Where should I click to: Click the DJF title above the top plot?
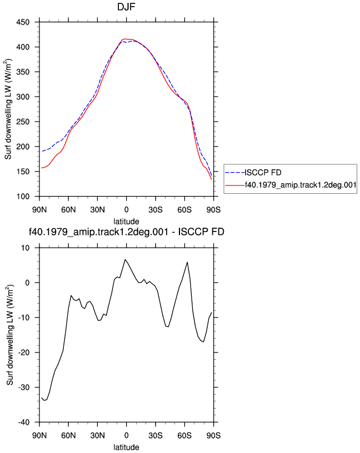(126, 7)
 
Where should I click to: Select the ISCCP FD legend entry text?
(263, 173)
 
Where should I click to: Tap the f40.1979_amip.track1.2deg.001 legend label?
(301, 185)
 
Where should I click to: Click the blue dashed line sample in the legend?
(235, 173)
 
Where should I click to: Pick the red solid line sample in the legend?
(235, 185)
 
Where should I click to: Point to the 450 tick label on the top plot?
(23, 22)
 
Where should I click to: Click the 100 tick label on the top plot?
(23, 197)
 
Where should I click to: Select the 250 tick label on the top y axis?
(23, 122)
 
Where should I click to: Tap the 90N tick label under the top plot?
(39, 210)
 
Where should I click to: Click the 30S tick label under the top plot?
(156, 210)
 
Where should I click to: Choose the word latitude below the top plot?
(126, 222)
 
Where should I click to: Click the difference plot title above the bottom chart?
(127, 231)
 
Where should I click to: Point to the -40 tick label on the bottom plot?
(24, 422)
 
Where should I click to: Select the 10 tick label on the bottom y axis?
(26, 248)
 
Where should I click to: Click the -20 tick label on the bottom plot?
(24, 353)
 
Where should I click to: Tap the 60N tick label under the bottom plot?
(68, 436)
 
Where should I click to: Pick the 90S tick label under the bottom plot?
(214, 436)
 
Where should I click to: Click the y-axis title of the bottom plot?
(10, 335)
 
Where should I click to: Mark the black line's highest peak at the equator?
(125, 259)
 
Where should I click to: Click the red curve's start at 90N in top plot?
(42, 168)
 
